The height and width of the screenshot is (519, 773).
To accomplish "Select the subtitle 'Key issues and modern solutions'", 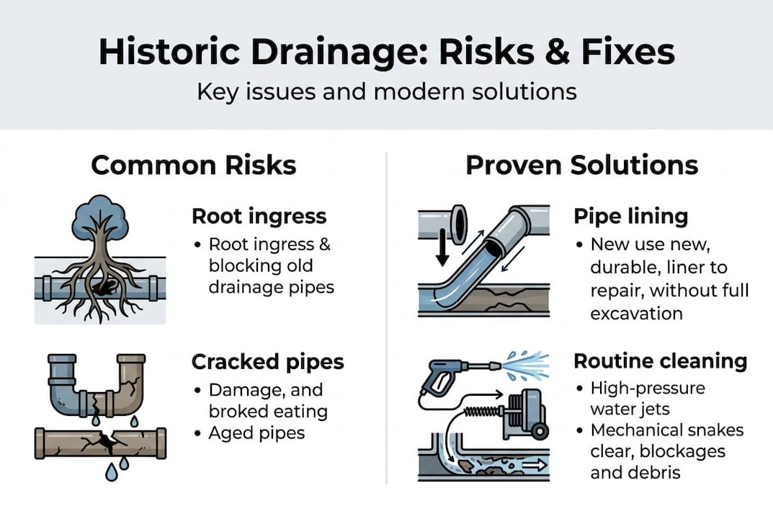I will click(386, 92).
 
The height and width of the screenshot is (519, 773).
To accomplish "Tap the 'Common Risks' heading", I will click(194, 165).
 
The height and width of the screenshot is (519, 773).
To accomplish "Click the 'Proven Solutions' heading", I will click(581, 165).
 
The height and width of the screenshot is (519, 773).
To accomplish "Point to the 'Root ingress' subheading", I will click(259, 216).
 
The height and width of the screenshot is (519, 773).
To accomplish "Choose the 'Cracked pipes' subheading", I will click(268, 362).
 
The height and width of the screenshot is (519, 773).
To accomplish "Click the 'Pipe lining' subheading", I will click(630, 216).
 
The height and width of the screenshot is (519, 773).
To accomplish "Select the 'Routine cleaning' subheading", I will click(660, 360).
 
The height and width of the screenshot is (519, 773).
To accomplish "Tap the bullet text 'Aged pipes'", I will click(256, 433).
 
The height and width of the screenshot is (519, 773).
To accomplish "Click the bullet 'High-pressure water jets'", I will click(648, 399).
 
